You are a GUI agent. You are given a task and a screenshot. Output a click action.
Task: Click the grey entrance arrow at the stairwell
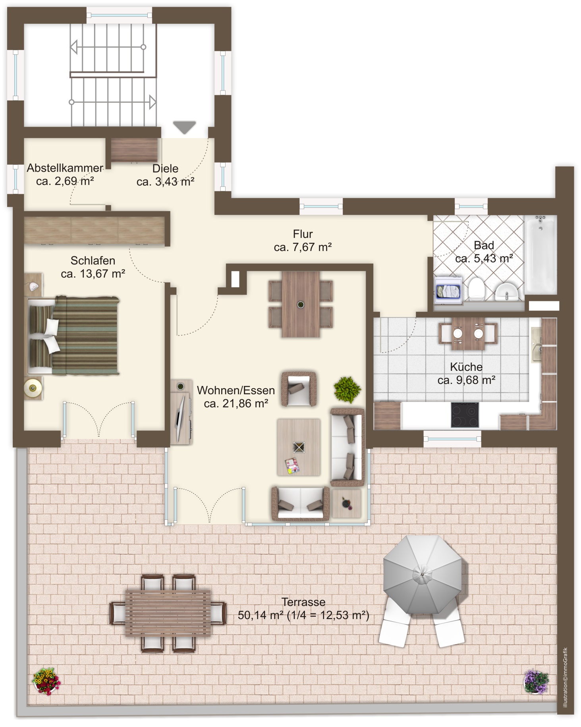(185, 127)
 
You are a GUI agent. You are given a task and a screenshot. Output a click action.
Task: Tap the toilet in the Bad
(476, 288)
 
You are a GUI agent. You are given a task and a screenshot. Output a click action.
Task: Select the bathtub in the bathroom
(540, 255)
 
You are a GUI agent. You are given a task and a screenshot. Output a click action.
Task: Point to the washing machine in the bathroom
(448, 291)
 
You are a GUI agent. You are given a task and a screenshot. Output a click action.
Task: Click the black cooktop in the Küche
(465, 415)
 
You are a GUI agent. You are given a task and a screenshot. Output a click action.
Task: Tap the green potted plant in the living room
(347, 389)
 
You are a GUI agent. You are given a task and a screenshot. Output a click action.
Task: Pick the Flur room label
(303, 234)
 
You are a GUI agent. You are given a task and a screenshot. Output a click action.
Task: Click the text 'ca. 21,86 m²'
(236, 403)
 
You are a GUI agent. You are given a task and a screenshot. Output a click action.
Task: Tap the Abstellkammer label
(65, 168)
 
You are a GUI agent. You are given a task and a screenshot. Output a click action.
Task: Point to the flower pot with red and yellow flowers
(46, 681)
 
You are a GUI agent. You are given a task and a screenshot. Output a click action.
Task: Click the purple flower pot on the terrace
(537, 681)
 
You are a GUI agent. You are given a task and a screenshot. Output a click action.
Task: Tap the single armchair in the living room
(299, 389)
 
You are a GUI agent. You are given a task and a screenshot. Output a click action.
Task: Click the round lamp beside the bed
(33, 388)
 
